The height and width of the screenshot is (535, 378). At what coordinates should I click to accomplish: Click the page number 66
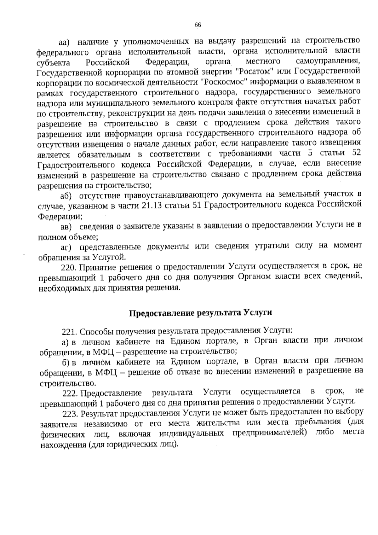point(198,25)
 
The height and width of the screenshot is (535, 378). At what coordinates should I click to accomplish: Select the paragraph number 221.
point(69,331)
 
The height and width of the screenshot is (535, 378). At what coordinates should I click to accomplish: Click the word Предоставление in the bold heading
point(161,313)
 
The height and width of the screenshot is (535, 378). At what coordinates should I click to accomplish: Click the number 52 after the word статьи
point(355,153)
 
